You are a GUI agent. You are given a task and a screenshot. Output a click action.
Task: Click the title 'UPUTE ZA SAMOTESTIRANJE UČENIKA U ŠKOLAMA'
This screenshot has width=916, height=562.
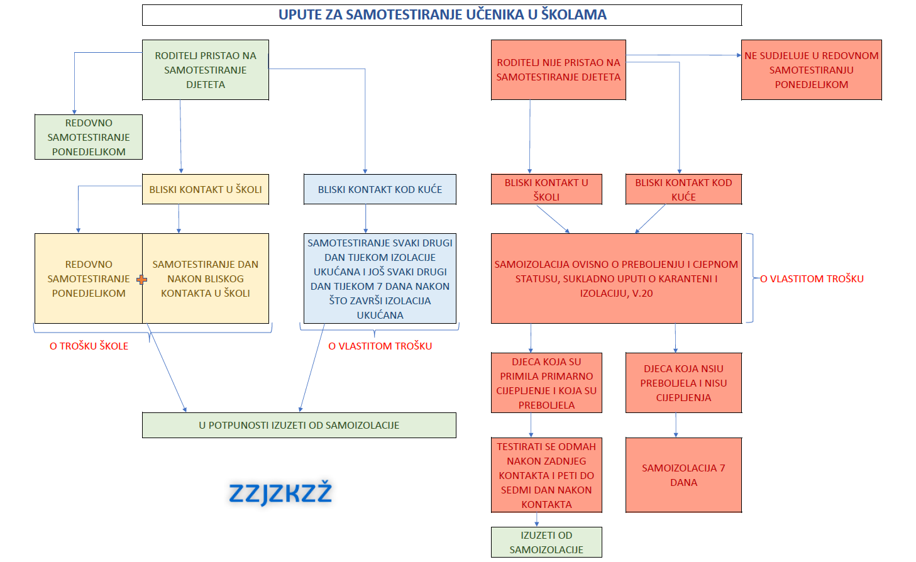pyautogui.click(x=442, y=14)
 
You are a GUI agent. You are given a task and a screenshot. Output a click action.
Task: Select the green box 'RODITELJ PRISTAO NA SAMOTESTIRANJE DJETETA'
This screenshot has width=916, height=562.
pyautogui.click(x=206, y=70)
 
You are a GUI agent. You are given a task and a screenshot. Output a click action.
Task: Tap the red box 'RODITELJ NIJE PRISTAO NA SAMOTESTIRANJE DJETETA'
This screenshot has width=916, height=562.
pyautogui.click(x=558, y=70)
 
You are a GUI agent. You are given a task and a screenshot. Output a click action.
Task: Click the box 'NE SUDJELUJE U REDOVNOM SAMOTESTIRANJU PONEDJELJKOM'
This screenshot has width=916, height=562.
pyautogui.click(x=811, y=70)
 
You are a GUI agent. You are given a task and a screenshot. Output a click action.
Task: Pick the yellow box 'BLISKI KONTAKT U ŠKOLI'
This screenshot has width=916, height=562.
pyautogui.click(x=206, y=189)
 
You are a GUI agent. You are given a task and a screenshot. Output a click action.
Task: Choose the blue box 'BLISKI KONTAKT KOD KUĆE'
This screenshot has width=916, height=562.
pyautogui.click(x=380, y=189)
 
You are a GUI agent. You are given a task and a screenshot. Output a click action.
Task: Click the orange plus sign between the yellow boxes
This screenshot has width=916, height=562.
pyautogui.click(x=142, y=280)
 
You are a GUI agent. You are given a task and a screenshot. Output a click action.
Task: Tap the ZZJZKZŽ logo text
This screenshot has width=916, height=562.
pyautogui.click(x=280, y=493)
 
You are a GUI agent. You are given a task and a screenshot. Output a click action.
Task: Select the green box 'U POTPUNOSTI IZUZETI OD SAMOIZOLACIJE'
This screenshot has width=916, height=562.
pyautogui.click(x=299, y=426)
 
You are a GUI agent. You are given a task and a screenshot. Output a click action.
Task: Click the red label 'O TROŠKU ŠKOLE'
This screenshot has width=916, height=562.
pyautogui.click(x=89, y=346)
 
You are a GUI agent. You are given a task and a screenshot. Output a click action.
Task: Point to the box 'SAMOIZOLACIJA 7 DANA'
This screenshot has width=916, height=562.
pyautogui.click(x=683, y=475)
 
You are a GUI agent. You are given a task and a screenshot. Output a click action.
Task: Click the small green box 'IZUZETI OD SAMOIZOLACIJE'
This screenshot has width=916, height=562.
pyautogui.click(x=546, y=543)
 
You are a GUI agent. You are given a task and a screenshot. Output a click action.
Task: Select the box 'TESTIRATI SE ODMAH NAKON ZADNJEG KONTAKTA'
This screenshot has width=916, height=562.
pyautogui.click(x=546, y=475)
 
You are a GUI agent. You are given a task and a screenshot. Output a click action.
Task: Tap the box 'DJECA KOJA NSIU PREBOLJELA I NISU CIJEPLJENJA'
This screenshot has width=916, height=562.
pyautogui.click(x=683, y=383)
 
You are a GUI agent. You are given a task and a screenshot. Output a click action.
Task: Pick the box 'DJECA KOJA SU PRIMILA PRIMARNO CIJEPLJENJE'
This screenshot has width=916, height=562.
pyautogui.click(x=546, y=383)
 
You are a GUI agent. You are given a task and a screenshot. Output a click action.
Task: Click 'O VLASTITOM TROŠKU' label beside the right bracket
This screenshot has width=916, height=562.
pyautogui.click(x=812, y=279)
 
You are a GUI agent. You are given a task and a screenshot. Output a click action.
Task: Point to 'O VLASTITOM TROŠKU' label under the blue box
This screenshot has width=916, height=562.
pyautogui.click(x=380, y=346)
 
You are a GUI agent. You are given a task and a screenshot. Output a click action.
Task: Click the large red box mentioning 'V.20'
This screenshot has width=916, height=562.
pyautogui.click(x=616, y=278)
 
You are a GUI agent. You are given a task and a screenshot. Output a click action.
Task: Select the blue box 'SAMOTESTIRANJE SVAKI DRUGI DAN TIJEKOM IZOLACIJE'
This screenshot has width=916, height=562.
pyautogui.click(x=380, y=278)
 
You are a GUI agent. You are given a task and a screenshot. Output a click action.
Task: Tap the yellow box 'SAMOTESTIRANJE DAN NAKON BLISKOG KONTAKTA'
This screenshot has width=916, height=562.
pyautogui.click(x=206, y=278)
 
